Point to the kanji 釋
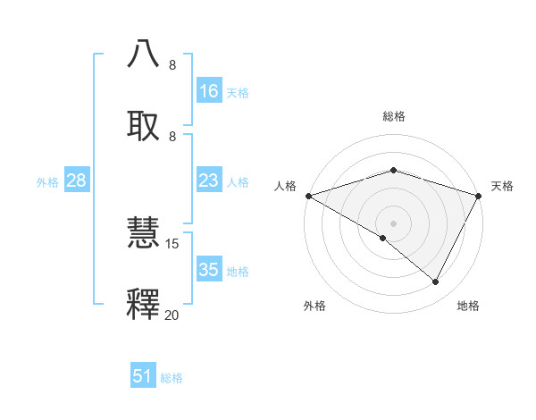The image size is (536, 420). click(x=144, y=305)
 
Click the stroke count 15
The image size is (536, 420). click(x=172, y=243)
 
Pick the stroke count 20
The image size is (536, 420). click(x=172, y=315)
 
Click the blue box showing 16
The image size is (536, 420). click(x=209, y=91)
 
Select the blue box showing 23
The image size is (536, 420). click(x=209, y=181)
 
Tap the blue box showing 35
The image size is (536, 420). click(x=209, y=270)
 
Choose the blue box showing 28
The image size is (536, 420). click(x=77, y=181)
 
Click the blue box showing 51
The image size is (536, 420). click(x=143, y=376)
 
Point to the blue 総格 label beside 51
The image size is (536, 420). click(x=172, y=378)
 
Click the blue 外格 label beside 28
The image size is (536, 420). click(x=47, y=182)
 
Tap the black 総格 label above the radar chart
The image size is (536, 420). click(x=394, y=116)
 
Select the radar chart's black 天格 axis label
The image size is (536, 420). click(x=503, y=186)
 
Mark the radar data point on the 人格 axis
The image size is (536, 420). click(x=308, y=196)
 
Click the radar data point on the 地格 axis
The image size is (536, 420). click(x=436, y=282)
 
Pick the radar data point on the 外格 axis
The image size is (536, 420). click(x=383, y=238)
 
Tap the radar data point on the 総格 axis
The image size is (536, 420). click(x=394, y=170)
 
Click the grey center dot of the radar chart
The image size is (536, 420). click(x=394, y=223)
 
